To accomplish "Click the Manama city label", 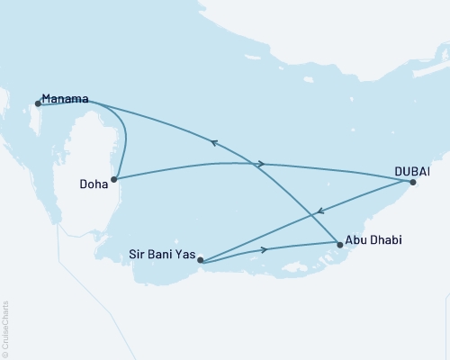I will [x=65, y=99].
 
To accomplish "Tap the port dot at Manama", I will [x=38, y=103].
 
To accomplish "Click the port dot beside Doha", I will [x=114, y=178].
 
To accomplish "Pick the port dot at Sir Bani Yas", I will [x=201, y=262].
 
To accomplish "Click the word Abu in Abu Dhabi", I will [x=357, y=241].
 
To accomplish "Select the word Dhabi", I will [x=385, y=241].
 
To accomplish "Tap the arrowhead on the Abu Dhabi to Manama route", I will [x=214, y=141].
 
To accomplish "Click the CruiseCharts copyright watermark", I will [x=5, y=328].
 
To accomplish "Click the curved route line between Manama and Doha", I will [x=124, y=135].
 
